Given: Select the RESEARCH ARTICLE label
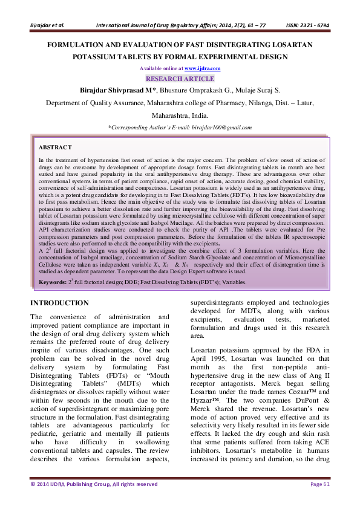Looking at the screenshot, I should (x=180, y=79).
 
